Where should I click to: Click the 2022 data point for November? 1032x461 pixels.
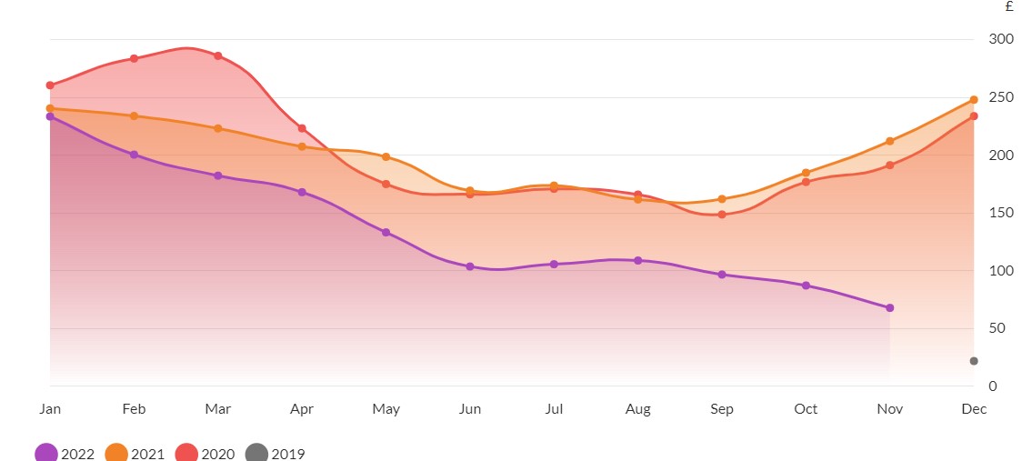point(889,308)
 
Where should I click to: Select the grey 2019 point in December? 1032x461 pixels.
point(974,361)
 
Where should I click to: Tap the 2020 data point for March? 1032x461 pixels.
point(217,56)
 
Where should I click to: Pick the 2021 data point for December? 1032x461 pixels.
point(974,100)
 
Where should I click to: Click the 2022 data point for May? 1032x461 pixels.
point(386,233)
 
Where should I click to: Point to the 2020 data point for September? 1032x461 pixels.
point(722,215)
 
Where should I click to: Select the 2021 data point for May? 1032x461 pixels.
point(386,157)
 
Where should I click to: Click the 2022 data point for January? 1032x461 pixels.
point(50,116)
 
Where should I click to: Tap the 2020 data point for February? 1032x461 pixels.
point(134,58)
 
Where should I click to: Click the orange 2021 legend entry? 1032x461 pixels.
point(133,453)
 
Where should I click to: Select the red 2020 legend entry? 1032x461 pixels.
point(203,453)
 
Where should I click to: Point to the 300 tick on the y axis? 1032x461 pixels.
point(1000,39)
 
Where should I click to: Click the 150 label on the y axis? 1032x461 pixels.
point(1000,213)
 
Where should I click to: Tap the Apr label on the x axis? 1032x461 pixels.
point(302,409)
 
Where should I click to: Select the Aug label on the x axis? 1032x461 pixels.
point(638,409)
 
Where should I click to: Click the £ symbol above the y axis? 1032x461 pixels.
point(1009,7)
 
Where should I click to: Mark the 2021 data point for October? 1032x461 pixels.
point(806,173)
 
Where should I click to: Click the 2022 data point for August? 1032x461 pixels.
point(638,261)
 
